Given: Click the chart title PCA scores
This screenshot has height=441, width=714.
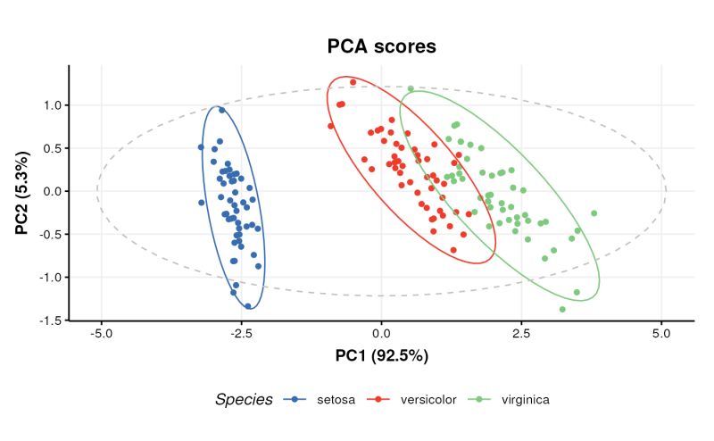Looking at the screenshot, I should (381, 46).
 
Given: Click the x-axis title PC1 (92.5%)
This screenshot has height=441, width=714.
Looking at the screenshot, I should (381, 355).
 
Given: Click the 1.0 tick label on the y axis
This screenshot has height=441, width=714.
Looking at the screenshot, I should (52, 105).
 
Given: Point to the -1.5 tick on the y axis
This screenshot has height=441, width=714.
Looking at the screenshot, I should (50, 320).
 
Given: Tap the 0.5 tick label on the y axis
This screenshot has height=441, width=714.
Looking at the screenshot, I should (52, 148).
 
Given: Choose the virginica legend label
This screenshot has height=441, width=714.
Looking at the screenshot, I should (525, 400).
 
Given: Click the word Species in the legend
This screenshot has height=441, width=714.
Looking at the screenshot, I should (244, 400).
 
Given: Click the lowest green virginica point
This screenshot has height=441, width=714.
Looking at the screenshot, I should (562, 310).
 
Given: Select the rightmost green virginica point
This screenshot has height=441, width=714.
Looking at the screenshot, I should (594, 213).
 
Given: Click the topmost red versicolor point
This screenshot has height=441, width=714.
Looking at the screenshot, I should (353, 82).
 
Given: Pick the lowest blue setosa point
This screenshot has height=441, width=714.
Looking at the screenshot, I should (248, 305).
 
